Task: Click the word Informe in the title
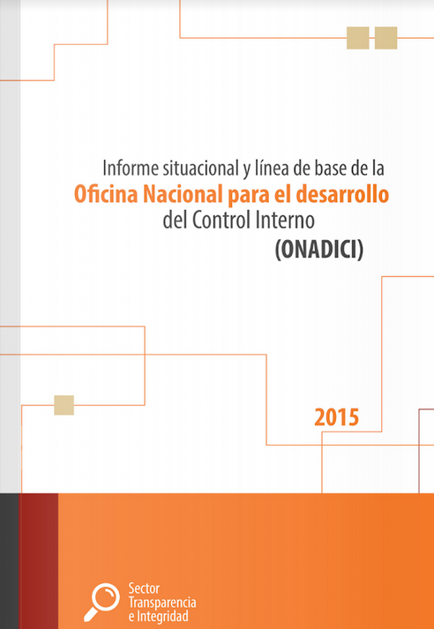tap(127, 166)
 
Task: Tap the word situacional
tap(193, 166)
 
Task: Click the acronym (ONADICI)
tap(319, 249)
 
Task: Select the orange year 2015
tap(336, 416)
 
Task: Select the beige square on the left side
tap(64, 405)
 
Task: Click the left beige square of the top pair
tap(358, 38)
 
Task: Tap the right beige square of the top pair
tap(385, 38)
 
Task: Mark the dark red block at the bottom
tap(39, 561)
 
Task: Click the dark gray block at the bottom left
tap(10, 561)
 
